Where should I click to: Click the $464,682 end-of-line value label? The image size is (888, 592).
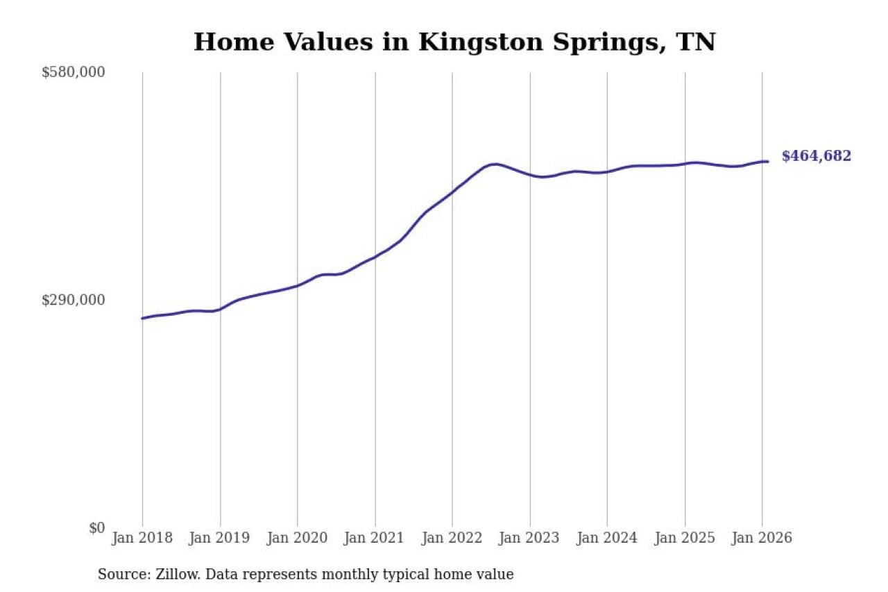coord(816,156)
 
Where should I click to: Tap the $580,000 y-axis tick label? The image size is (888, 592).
coord(74,72)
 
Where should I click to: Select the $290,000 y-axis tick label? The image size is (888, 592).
coord(74,300)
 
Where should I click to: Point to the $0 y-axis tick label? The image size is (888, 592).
coord(96,527)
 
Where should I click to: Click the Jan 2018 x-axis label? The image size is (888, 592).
coord(142,538)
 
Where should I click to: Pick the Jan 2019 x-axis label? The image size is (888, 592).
coord(220,538)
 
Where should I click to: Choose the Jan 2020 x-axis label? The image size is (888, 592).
coord(298,538)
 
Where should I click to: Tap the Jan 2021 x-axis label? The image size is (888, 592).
coord(375,538)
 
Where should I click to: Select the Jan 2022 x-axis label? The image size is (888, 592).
coord(452,538)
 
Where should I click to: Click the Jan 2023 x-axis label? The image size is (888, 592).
coord(530,538)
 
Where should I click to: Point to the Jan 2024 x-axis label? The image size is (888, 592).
coord(607,538)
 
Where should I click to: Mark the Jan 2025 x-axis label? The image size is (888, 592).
coord(685,538)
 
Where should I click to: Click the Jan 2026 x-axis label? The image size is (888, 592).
coord(762,538)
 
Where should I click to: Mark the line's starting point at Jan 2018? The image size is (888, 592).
coord(142,319)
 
